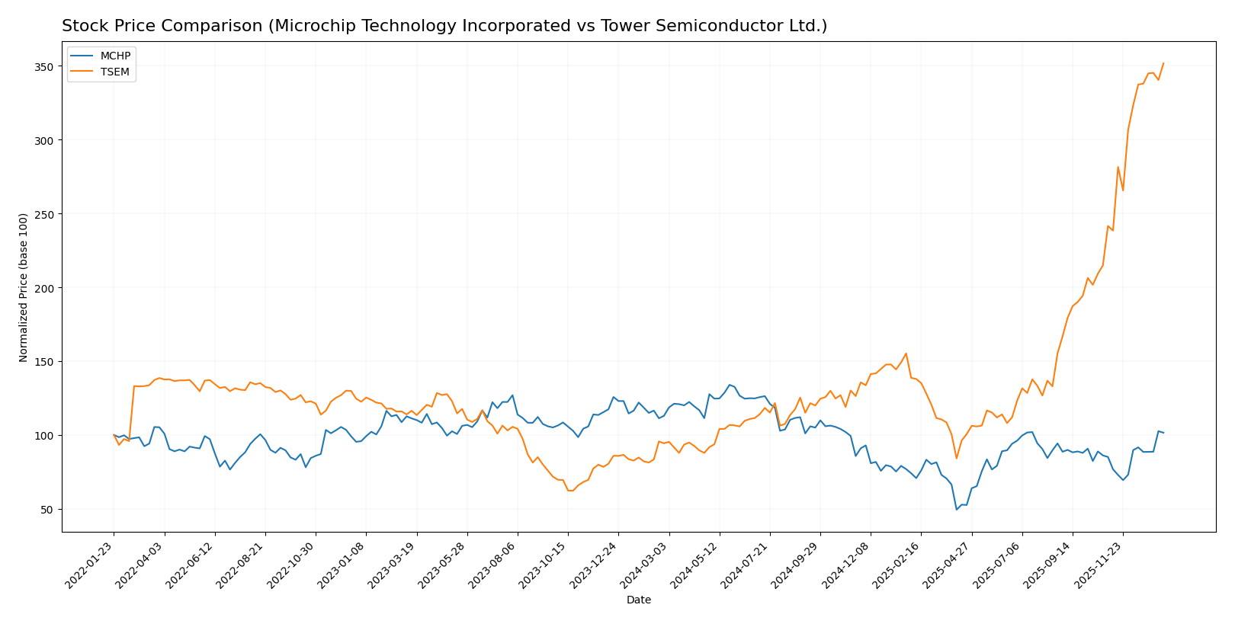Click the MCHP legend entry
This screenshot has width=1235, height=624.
pyautogui.click(x=115, y=56)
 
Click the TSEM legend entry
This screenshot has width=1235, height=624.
pyautogui.click(x=115, y=72)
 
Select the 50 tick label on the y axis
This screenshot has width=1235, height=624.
pyautogui.click(x=47, y=509)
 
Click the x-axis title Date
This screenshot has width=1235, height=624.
pyautogui.click(x=638, y=600)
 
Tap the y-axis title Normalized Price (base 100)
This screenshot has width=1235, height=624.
pyautogui.click(x=24, y=287)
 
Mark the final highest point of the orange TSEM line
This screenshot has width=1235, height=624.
pyautogui.click(x=1163, y=63)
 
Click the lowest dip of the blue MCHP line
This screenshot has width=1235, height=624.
pyautogui.click(x=957, y=510)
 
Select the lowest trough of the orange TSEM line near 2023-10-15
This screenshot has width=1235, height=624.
pyautogui.click(x=569, y=491)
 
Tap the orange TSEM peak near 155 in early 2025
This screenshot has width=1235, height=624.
pyautogui.click(x=906, y=354)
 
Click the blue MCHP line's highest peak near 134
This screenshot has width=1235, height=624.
pyautogui.click(x=730, y=385)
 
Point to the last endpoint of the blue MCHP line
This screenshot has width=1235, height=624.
pyautogui.click(x=1163, y=433)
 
